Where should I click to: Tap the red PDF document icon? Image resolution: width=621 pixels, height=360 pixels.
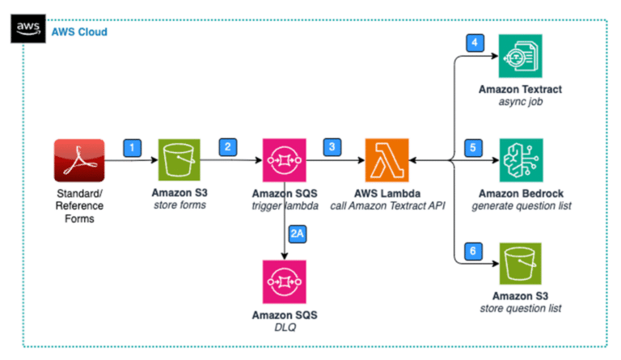pos(78,161)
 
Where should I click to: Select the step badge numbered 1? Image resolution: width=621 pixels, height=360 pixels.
pos(131,148)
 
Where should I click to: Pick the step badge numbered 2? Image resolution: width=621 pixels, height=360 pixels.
pos(229,148)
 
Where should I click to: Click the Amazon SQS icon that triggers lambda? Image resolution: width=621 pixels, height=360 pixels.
pos(283,161)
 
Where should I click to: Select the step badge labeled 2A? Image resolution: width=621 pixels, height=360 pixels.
pos(298,235)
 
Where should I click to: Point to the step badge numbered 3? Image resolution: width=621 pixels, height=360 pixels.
pos(332,148)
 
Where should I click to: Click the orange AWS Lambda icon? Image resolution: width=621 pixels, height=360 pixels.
pos(387,161)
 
